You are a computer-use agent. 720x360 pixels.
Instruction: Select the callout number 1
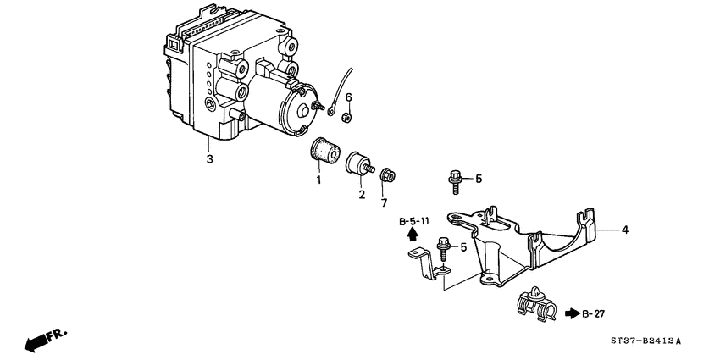coord(319,180)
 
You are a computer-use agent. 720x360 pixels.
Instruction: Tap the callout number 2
coord(361,195)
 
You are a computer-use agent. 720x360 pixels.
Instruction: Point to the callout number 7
coord(384,203)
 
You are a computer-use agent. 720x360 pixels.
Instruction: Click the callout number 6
coord(347,97)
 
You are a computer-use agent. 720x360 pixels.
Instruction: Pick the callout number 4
coord(625,229)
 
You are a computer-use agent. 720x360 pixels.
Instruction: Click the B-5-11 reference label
coord(414,221)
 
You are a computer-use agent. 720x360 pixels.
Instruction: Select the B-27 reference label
coord(597,314)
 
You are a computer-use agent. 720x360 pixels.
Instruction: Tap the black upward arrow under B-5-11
coord(413,235)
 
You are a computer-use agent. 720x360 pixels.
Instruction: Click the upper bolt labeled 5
coord(454,180)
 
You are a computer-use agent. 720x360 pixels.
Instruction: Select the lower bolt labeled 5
coord(444,249)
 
